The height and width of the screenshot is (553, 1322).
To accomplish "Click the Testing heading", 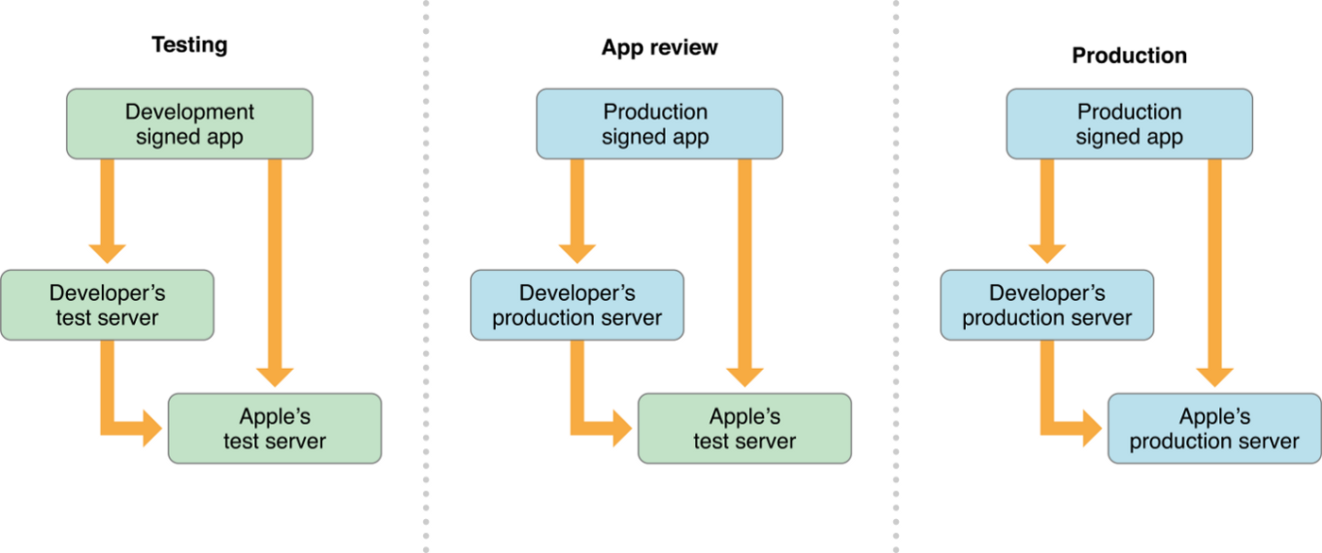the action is coord(190,44).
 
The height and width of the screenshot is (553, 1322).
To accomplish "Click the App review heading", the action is coord(659,47).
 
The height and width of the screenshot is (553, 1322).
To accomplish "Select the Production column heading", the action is coord(1129,56).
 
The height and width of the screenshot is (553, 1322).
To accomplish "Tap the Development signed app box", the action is coord(190,124).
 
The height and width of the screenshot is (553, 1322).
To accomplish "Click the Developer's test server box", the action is coord(107,305).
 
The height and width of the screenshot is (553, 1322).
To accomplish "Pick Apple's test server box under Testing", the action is coord(275,428).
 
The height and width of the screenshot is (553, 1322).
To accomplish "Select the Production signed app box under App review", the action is coord(659,124).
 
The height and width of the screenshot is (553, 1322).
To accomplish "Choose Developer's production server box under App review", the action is coord(577,305).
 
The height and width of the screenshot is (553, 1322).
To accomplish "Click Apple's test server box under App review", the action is coord(745,428).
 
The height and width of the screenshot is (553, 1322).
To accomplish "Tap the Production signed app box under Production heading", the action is coord(1129,124).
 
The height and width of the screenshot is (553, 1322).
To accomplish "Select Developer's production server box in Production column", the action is coord(1047,305).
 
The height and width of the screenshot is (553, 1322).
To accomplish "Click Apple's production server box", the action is coord(1214,428).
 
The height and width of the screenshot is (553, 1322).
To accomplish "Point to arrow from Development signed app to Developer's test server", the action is coord(107,211).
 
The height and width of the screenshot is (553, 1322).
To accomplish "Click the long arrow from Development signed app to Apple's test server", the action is coord(275,273).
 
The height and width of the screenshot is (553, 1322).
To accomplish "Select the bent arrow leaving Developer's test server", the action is coord(108,407).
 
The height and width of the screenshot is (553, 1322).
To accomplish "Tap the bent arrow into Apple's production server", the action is coord(1047,407).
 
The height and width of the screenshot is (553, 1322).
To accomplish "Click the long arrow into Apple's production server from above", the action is coord(1214,273).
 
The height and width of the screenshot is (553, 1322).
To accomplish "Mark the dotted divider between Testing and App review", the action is coord(426,276).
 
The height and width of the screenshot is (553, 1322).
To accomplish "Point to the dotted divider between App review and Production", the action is coord(896,276).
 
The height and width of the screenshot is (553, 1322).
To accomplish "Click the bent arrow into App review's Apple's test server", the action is coord(577,407).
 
